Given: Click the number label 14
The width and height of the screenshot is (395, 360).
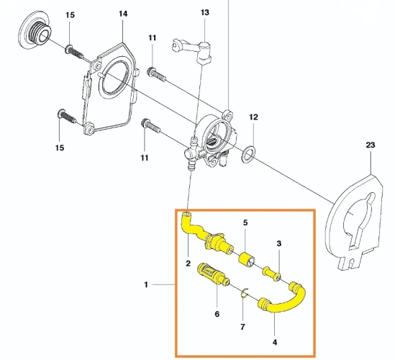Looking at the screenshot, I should pyautogui.click(x=122, y=14).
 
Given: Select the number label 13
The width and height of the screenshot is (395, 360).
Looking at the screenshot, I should pyautogui.click(x=205, y=13).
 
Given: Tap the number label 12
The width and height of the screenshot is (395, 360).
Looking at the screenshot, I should pyautogui.click(x=253, y=117).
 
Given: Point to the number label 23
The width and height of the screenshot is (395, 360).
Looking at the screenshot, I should pyautogui.click(x=371, y=145).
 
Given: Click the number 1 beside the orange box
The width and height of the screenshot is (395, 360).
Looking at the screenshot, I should pyautogui.click(x=146, y=285).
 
